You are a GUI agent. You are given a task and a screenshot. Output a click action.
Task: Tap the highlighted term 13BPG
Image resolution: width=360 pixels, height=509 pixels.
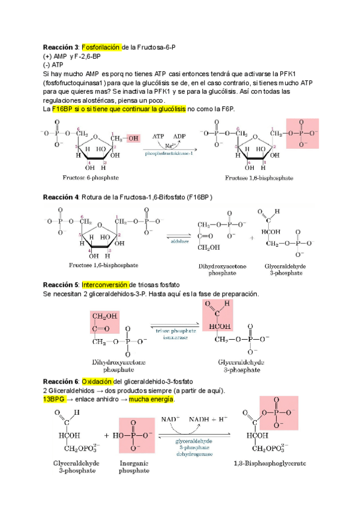click(55, 399)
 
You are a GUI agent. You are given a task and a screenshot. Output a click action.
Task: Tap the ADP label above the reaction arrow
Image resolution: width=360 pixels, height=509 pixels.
click(180, 136)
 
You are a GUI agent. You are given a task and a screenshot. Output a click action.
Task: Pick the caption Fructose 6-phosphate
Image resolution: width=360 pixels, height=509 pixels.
click(90, 178)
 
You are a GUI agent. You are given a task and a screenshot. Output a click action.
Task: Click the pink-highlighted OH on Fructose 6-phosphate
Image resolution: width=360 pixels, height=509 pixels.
click(131, 139)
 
